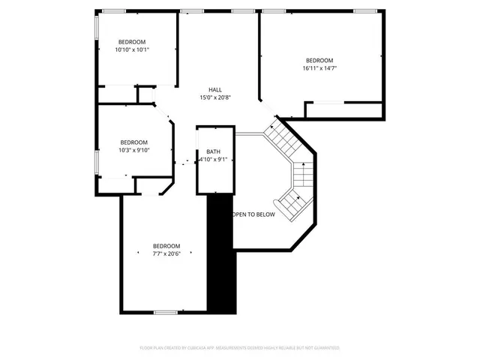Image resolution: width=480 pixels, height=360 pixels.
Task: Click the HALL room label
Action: tap(214, 90)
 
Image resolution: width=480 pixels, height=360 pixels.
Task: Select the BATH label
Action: tap(213, 152)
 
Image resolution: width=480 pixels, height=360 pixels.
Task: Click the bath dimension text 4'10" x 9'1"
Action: tap(212, 160)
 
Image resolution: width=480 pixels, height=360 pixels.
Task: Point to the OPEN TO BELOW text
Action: tap(253, 214)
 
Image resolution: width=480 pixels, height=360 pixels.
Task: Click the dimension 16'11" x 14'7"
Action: tap(319, 68)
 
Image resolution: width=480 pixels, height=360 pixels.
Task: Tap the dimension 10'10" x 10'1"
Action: tap(132, 50)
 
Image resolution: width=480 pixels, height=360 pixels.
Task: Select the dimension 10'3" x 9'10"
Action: tap(134, 150)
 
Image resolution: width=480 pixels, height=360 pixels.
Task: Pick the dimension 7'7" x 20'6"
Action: tap(166, 253)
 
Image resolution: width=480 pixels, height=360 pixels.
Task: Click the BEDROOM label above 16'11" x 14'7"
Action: tap(319, 60)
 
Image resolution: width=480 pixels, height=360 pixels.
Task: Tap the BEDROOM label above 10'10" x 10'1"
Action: tap(132, 42)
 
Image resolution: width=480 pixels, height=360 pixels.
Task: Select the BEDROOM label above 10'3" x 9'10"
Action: tap(134, 142)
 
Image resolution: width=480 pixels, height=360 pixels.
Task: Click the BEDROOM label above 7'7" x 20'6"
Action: tap(166, 245)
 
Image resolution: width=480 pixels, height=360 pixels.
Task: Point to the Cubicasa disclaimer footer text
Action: tap(240, 348)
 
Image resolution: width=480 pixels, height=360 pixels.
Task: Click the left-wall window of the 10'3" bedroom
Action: tap(96, 161)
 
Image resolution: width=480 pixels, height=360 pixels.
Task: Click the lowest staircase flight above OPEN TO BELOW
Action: tap(289, 200)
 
